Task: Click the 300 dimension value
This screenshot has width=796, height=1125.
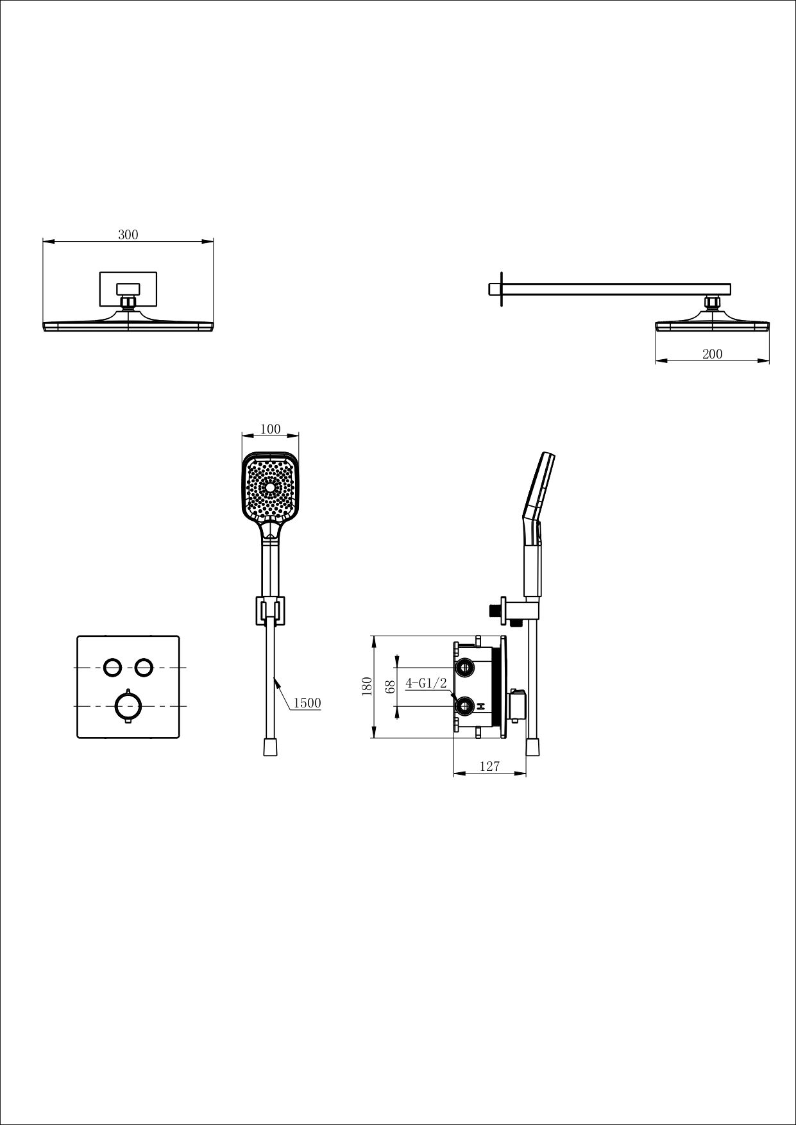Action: (x=128, y=235)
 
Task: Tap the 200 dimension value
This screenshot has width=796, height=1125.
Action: (x=712, y=354)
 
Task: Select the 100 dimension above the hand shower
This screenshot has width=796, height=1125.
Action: (x=271, y=429)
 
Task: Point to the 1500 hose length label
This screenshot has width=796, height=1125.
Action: (x=307, y=703)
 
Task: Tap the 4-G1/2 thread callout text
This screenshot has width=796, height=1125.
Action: (x=426, y=683)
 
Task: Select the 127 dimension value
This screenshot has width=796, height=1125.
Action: (x=489, y=766)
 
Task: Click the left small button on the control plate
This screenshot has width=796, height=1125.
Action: (x=112, y=667)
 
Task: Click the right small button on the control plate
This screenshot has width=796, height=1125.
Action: (x=144, y=667)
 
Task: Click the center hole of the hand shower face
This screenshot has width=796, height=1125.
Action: (x=271, y=488)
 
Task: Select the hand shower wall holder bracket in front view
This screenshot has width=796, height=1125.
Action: (x=270, y=609)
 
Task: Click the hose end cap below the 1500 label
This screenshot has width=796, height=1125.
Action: (x=271, y=747)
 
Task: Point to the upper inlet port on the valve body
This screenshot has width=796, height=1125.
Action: (x=463, y=668)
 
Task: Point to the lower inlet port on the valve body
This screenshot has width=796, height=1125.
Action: (x=463, y=706)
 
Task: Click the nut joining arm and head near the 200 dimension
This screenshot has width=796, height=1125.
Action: (x=712, y=301)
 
